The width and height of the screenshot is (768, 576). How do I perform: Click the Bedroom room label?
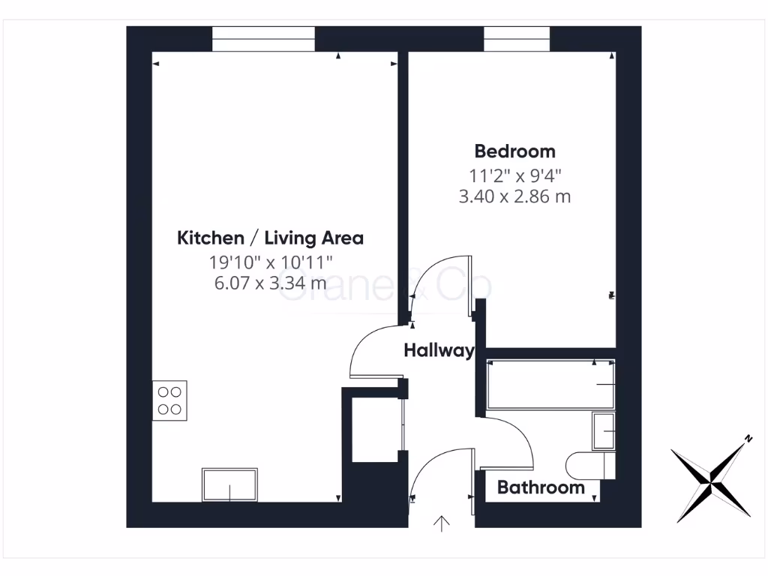(x=514, y=151)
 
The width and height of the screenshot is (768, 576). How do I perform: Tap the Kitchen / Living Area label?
(x=270, y=238)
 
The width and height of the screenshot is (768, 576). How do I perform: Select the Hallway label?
(x=438, y=350)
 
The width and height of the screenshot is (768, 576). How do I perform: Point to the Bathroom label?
(x=541, y=488)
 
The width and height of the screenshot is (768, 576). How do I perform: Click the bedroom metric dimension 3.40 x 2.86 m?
(x=514, y=197)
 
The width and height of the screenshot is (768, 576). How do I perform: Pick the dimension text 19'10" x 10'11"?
(x=270, y=262)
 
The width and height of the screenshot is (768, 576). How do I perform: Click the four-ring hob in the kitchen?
(x=170, y=400)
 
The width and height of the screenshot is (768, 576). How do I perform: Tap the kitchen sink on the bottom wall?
(x=229, y=484)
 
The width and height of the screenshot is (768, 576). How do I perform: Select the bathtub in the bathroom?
(x=550, y=385)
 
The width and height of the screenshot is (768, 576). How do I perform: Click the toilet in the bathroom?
(x=591, y=465)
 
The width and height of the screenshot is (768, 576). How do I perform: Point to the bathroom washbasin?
(x=604, y=431)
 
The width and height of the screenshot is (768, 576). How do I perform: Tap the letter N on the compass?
(x=748, y=439)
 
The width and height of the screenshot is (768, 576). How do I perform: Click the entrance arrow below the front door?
(x=442, y=523)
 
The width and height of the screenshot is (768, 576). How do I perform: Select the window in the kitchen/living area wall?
(x=263, y=39)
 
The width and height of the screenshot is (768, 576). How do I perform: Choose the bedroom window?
(x=517, y=39)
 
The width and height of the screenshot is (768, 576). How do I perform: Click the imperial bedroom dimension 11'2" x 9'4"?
(x=514, y=175)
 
